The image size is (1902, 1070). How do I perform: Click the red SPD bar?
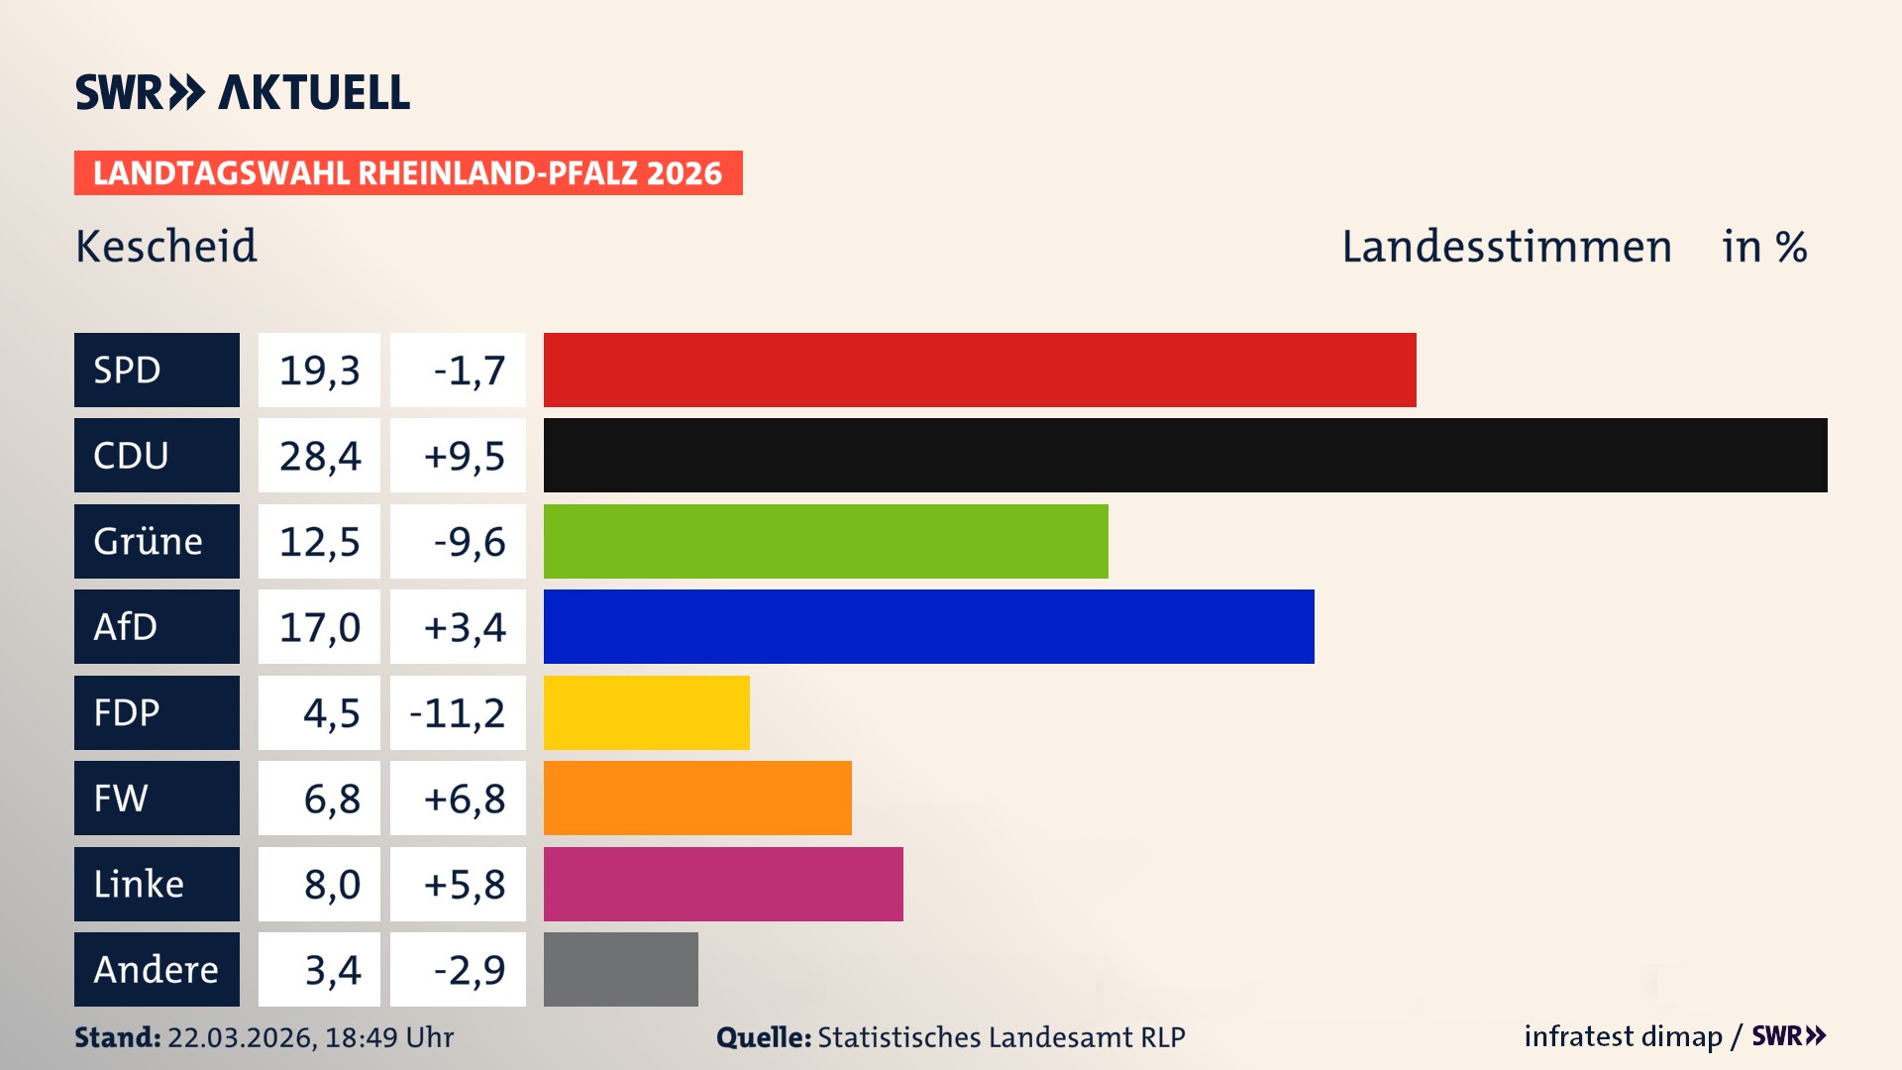click(x=980, y=370)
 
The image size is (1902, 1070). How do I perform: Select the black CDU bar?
click(x=1185, y=456)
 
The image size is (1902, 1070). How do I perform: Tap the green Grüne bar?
click(x=825, y=541)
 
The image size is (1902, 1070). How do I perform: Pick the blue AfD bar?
click(x=928, y=626)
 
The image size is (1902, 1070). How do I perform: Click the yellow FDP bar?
click(x=646, y=712)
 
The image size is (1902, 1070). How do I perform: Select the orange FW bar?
click(x=697, y=798)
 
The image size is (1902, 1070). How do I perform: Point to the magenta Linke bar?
click(x=723, y=884)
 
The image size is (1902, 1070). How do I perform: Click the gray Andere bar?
click(x=620, y=969)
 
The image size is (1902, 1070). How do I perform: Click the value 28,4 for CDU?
click(x=319, y=456)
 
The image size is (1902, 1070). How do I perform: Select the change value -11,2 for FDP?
click(x=458, y=712)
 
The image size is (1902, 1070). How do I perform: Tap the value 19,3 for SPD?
click(x=319, y=370)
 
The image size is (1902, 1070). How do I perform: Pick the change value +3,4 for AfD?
click(x=464, y=626)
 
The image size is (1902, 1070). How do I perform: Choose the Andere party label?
click(x=157, y=969)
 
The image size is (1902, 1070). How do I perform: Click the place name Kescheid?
click(x=166, y=247)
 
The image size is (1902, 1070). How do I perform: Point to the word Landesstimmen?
click(x=1506, y=247)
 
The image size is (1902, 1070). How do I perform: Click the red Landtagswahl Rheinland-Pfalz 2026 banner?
click(x=407, y=172)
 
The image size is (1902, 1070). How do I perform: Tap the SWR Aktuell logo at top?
click(x=243, y=92)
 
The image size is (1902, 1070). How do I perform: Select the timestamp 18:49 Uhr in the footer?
click(x=388, y=1037)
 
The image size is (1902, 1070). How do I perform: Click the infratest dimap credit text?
click(x=1622, y=1036)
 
